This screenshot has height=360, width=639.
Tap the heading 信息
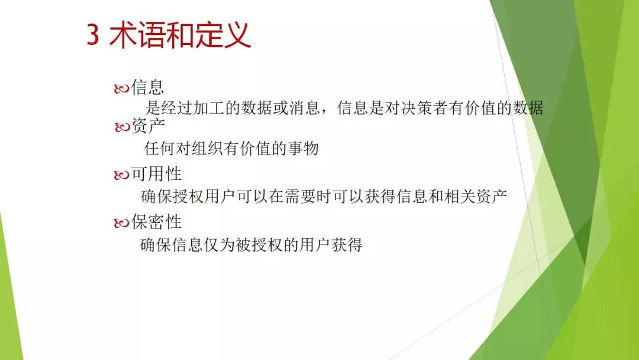147,88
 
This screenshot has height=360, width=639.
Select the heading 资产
149,126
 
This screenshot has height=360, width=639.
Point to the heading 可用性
156,174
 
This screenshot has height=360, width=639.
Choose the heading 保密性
156,222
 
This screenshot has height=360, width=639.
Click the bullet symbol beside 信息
121,89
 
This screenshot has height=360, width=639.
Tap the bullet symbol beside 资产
122,127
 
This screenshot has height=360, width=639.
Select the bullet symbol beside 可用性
121,175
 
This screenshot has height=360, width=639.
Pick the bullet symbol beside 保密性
121,223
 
